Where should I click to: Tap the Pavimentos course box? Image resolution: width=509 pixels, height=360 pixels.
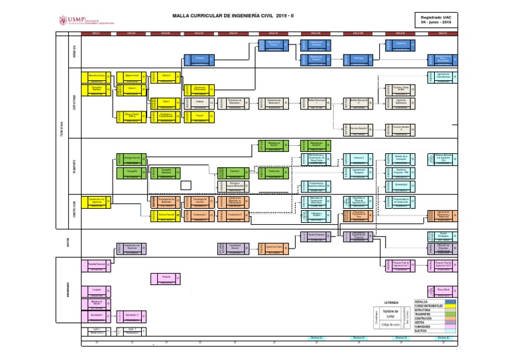pos(274,172)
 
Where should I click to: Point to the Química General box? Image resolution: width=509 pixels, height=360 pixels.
pos(166,215)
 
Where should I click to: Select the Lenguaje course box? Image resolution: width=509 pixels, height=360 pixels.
pos(97,290)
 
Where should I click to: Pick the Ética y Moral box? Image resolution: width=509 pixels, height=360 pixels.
pos(443,290)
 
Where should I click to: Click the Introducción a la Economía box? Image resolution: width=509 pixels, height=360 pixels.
pos(131,247)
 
